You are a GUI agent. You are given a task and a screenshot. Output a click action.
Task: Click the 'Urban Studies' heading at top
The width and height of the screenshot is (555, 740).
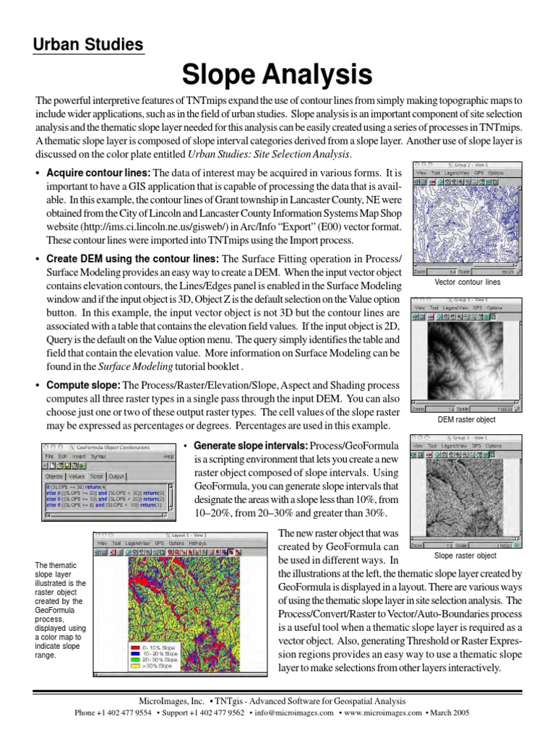88,45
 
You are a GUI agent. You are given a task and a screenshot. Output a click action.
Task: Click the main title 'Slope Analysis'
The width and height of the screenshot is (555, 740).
277,74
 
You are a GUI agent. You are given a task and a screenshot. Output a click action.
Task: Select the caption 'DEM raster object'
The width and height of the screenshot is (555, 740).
465,419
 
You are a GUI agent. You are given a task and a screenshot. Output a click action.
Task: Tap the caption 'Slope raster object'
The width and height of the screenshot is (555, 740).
465,556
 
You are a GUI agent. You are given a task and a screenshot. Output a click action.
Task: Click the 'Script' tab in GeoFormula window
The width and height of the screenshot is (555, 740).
97,476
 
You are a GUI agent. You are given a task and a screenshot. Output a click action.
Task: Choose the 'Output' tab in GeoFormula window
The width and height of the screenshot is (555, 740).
116,476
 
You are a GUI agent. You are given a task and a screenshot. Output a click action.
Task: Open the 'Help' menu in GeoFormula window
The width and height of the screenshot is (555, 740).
168,457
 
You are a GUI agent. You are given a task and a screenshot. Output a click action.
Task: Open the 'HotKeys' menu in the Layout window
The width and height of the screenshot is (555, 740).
197,542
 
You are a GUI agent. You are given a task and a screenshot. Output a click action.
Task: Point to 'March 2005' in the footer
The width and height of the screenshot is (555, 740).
451,713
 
